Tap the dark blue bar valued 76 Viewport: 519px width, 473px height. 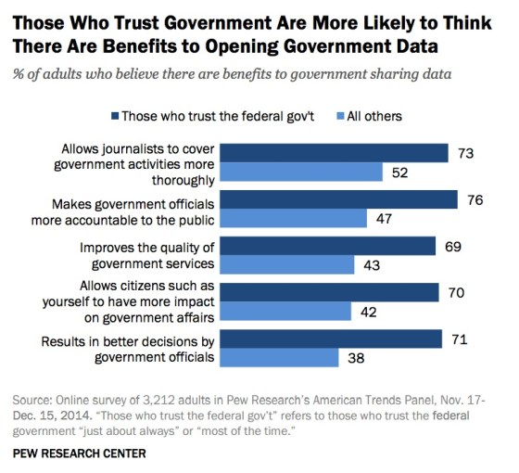343,199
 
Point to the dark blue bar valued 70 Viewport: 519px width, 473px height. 335,292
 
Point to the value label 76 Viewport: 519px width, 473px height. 475,199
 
